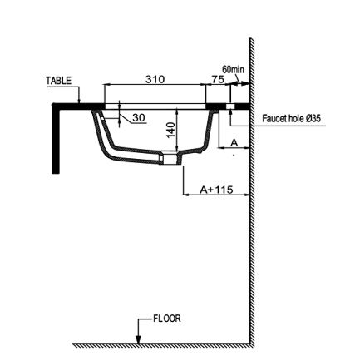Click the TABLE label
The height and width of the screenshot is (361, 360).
(x=58, y=81)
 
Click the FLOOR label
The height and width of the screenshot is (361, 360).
(x=167, y=319)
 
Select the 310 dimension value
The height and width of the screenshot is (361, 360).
(x=155, y=79)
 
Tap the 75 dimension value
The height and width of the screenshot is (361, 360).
(x=218, y=79)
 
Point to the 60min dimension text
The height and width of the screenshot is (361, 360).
(x=234, y=70)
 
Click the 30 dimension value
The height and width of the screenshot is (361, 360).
(x=139, y=117)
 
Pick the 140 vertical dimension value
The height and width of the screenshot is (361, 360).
(x=171, y=130)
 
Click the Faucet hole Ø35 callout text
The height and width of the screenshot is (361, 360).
(x=291, y=119)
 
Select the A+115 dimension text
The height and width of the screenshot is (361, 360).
(x=216, y=190)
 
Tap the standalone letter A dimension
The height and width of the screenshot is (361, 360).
(x=234, y=143)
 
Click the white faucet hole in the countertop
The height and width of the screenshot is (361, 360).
(x=230, y=106)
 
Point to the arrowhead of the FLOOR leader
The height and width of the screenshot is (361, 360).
(x=138, y=339)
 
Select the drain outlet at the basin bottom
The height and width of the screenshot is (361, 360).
(x=172, y=159)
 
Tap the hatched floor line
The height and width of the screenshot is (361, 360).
(x=161, y=345)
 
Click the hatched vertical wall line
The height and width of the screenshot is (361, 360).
(x=252, y=191)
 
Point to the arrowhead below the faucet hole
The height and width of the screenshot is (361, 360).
(x=230, y=112)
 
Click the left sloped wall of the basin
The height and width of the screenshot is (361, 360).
(x=103, y=136)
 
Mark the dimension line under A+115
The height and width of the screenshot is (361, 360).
(x=216, y=195)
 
